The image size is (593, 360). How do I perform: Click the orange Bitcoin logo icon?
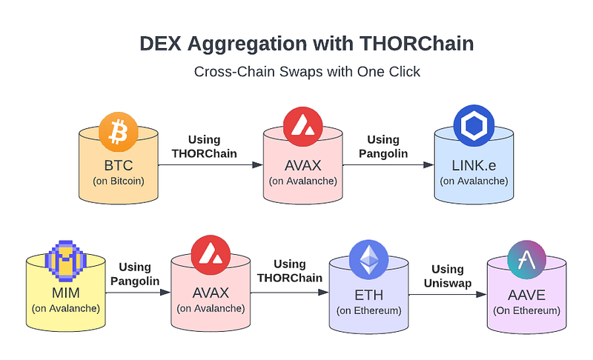(x=119, y=132)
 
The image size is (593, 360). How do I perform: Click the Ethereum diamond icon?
(x=368, y=259)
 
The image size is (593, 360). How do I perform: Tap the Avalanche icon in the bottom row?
(x=211, y=256)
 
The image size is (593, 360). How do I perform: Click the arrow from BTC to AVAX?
(x=211, y=164)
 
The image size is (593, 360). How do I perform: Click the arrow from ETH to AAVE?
(x=447, y=294)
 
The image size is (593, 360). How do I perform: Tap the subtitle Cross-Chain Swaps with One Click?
(x=296, y=73)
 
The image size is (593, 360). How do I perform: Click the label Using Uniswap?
(x=447, y=276)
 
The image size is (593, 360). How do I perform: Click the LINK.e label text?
(x=473, y=164)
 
